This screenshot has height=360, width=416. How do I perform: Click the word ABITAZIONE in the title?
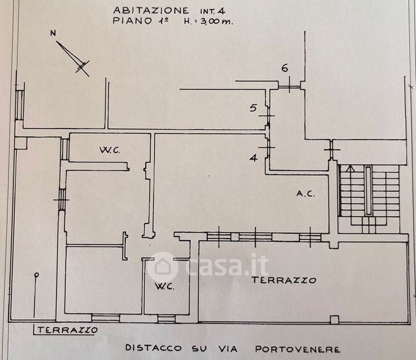151,10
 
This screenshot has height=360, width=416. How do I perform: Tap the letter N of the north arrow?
53,34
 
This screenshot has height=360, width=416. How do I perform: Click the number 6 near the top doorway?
285,68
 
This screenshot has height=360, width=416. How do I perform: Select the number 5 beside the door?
253,108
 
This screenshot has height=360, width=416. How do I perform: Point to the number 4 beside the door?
254,158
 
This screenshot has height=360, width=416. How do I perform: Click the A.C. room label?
306,194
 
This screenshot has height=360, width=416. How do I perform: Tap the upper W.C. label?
110,151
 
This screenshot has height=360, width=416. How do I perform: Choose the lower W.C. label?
164,286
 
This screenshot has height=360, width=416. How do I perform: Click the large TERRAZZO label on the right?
284,280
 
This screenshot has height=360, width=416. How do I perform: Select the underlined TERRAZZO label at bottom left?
67,330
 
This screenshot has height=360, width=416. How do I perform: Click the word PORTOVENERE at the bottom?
298,349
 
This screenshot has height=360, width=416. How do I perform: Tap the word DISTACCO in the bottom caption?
154,348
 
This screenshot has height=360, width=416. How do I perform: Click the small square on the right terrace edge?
334,319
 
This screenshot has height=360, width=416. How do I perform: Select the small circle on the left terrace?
37,275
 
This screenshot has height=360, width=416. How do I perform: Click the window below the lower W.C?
167,319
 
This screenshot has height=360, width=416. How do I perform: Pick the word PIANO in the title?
133,20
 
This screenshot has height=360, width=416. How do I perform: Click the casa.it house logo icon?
162,266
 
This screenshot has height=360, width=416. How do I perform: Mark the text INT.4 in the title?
213,11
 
